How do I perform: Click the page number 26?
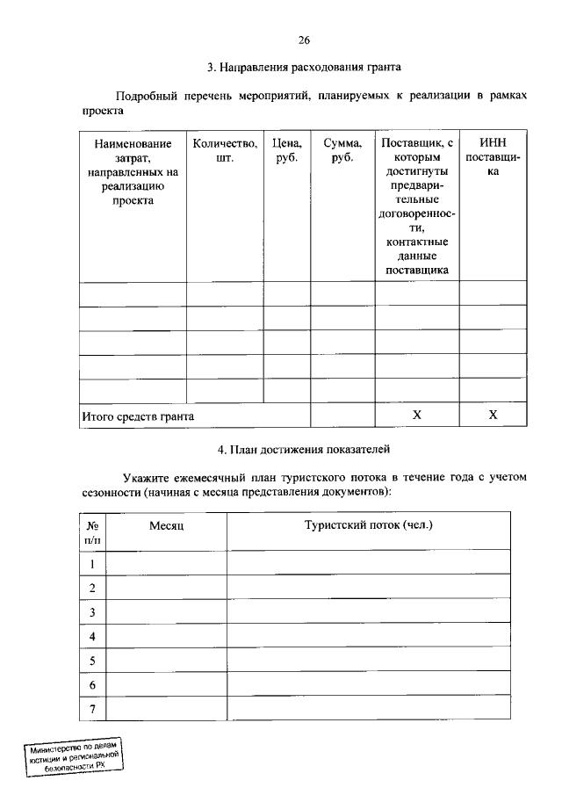coord(304,40)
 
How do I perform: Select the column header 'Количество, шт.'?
coord(225,150)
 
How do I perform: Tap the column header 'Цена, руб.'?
coord(286,150)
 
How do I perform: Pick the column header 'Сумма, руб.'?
coord(342,150)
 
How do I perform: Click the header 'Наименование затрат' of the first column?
coord(133,171)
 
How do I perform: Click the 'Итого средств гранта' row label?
coord(138,416)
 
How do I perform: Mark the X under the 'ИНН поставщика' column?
coord(493,416)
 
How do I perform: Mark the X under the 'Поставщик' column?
coord(417,416)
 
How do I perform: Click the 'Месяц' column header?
coord(165,525)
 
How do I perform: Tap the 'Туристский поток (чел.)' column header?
coord(369,525)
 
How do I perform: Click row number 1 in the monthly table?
coord(92,563)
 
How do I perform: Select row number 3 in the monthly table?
coord(92,612)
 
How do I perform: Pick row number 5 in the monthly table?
coord(92,661)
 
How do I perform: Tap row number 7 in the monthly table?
coord(92,709)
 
